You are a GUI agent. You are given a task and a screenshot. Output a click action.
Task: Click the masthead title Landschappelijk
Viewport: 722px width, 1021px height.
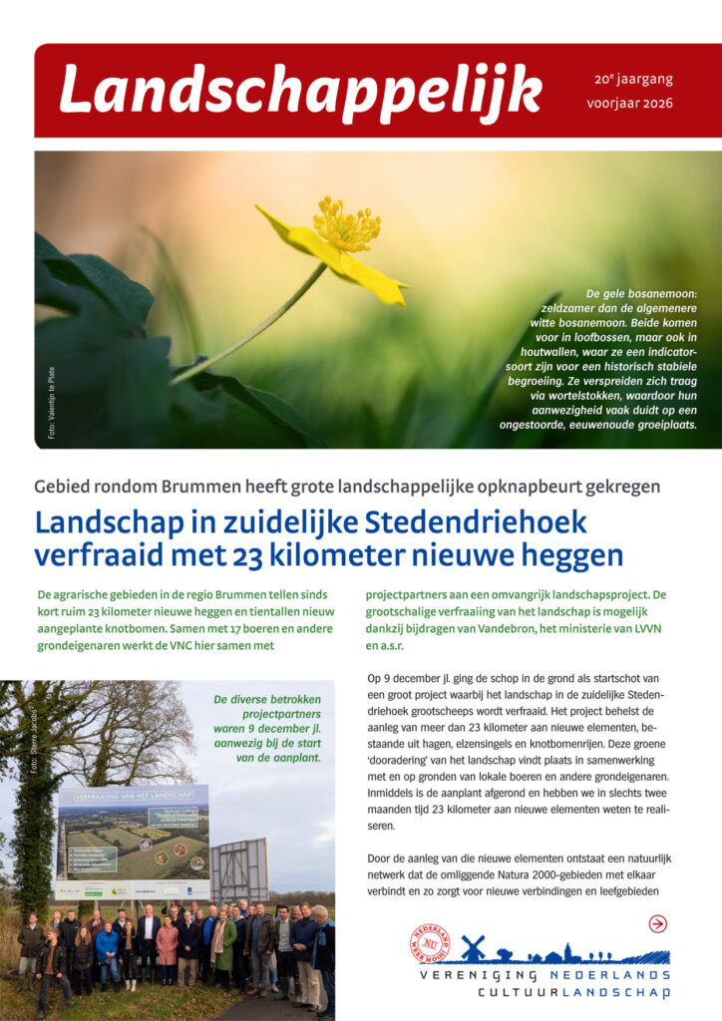point(299,92)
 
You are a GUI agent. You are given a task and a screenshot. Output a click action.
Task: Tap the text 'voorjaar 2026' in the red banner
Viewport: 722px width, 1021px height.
point(630,103)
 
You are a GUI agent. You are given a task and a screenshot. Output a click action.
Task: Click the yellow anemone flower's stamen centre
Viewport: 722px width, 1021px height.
point(345,226)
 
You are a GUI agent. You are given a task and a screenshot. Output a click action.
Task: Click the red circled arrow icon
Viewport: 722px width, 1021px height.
point(657,923)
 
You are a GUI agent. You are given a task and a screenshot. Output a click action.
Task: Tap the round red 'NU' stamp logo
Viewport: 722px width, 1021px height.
point(430,943)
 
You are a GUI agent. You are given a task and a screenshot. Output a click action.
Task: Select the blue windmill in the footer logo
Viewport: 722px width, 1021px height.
point(473,947)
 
